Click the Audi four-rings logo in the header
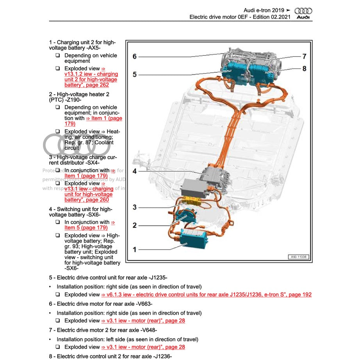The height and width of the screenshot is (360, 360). click(303, 11)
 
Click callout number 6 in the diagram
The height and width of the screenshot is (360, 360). click(135, 57)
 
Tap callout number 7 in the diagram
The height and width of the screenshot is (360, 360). click(304, 56)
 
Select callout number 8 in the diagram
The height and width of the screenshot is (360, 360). click(304, 69)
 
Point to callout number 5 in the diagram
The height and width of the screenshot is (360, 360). click(135, 74)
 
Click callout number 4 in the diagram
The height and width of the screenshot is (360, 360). click(135, 171)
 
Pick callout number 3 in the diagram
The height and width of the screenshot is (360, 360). click(135, 207)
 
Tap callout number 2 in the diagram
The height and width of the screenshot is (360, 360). click(135, 225)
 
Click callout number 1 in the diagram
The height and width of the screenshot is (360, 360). click(135, 250)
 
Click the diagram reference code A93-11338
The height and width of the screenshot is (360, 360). click(298, 257)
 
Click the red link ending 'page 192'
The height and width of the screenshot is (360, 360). click(206, 295)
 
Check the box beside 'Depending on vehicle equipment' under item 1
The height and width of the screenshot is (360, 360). click(57, 55)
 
